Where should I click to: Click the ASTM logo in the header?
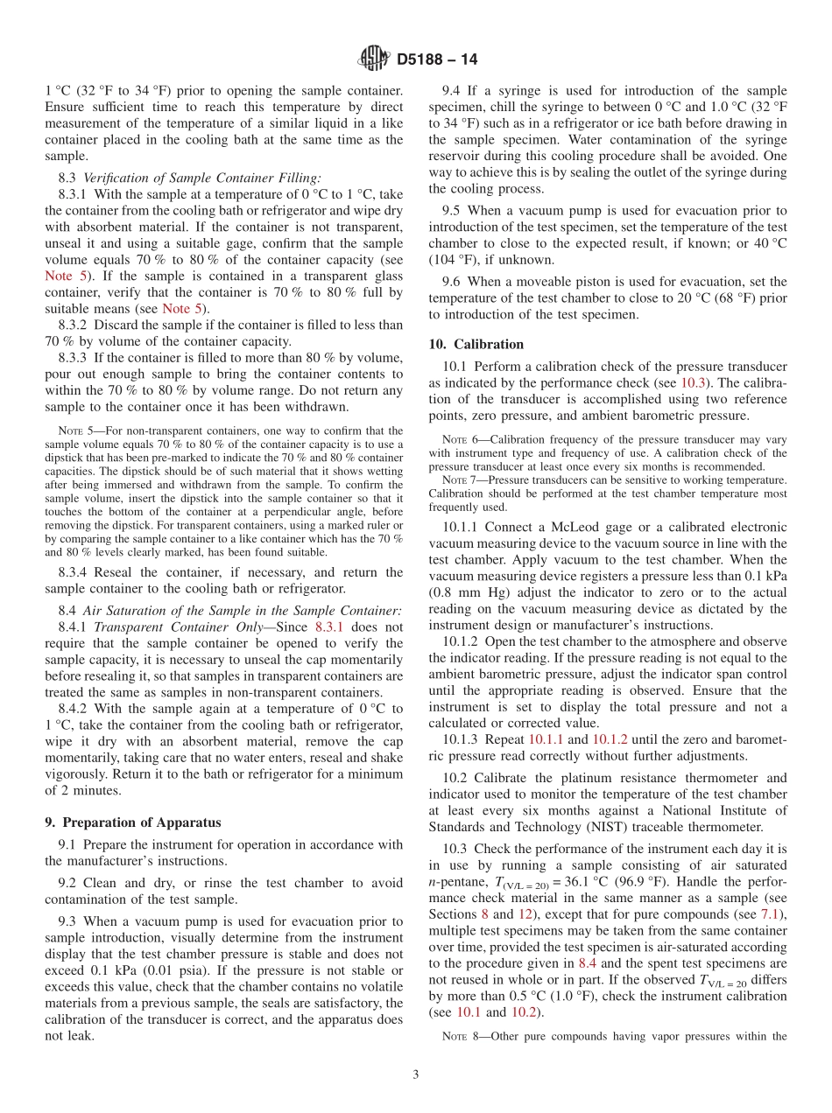(x=374, y=59)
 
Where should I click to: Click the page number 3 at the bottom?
(x=416, y=1074)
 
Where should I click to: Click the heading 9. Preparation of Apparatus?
(x=133, y=822)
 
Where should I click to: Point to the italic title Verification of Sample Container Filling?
(x=202, y=178)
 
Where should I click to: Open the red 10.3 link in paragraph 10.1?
(x=693, y=383)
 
